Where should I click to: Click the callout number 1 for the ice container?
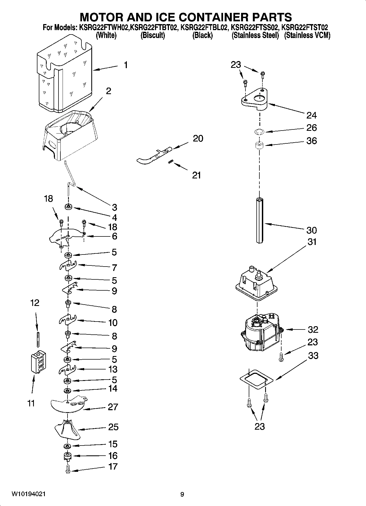[125, 65]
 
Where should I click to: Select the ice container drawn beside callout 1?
[65, 74]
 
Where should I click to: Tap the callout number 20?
[198, 138]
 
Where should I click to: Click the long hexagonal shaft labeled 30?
[259, 220]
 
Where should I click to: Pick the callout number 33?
[313, 355]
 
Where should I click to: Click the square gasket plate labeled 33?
[256, 379]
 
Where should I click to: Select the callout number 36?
[312, 141]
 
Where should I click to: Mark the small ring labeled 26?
[259, 132]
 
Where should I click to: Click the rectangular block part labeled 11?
[38, 362]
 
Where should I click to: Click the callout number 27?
[113, 407]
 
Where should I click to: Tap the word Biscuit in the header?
[153, 36]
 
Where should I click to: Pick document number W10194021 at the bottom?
[28, 494]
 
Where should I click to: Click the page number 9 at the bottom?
[182, 494]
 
